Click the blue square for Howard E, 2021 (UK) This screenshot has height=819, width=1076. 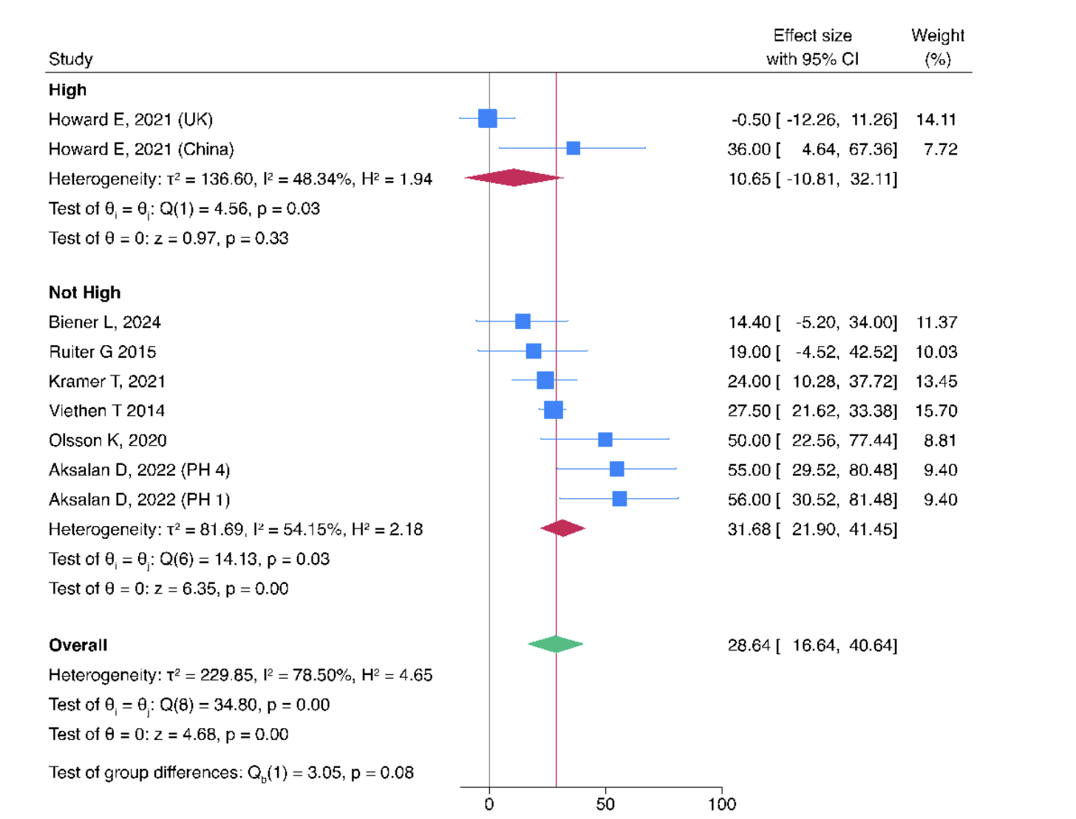(488, 118)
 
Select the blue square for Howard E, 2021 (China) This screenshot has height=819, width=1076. (573, 149)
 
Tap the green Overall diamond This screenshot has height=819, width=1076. (556, 645)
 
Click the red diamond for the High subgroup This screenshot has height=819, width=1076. (514, 178)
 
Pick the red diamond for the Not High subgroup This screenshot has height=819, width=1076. (563, 529)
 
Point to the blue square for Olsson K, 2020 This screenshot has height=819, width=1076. (605, 440)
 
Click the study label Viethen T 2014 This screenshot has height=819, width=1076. (106, 411)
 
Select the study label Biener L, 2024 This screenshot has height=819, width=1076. (104, 322)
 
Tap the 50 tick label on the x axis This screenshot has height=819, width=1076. (605, 804)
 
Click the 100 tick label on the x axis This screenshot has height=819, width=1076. (722, 804)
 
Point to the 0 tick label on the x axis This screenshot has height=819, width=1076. (489, 804)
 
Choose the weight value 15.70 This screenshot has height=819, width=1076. (936, 411)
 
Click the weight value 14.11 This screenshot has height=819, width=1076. (936, 120)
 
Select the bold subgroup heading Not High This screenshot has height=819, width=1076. (84, 293)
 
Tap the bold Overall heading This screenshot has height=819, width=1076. (78, 645)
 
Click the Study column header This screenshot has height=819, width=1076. (71, 59)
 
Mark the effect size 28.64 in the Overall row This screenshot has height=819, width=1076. (749, 645)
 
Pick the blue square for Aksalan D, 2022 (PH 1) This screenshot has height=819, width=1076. (619, 499)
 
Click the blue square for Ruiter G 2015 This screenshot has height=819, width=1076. (534, 351)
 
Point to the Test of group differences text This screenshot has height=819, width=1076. (231, 773)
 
